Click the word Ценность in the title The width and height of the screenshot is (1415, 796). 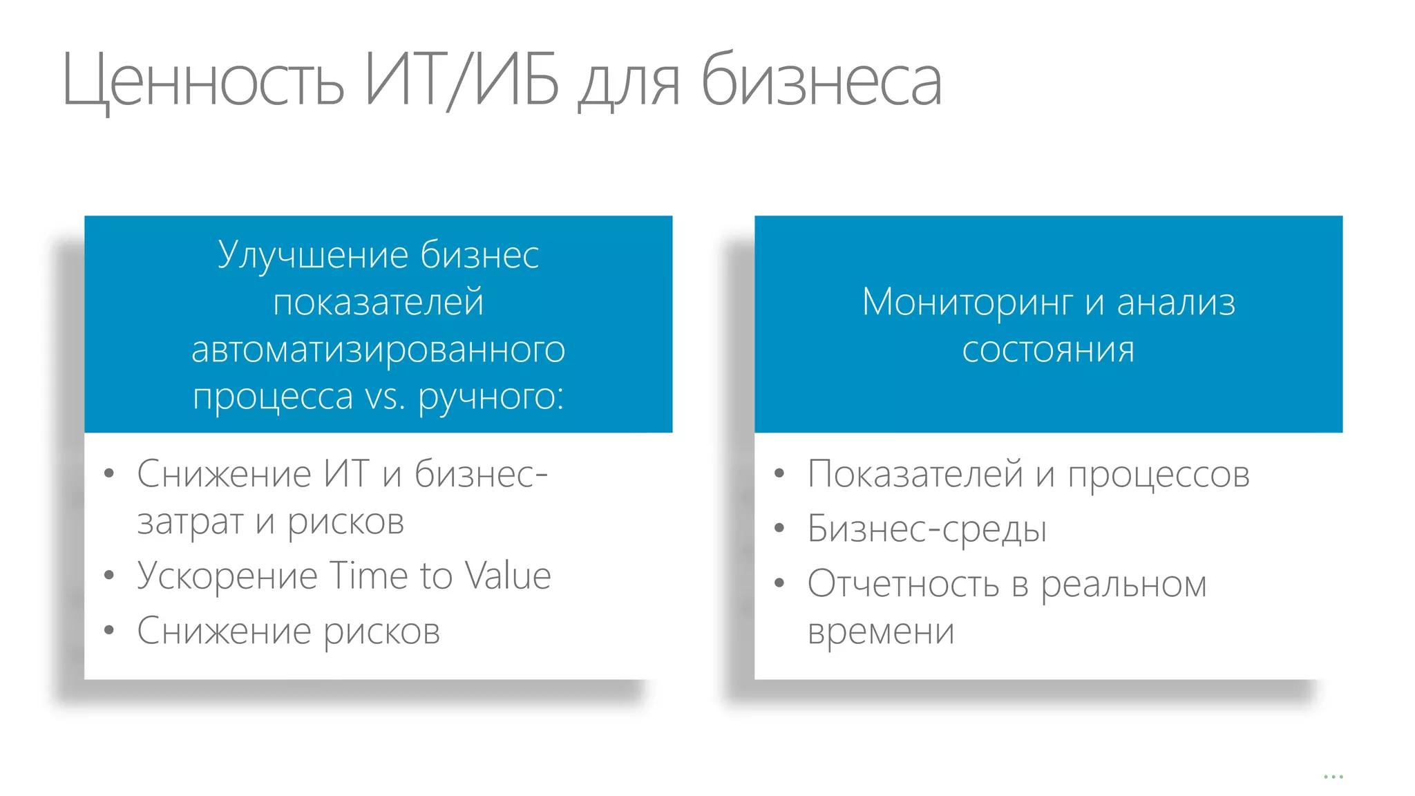(x=202, y=82)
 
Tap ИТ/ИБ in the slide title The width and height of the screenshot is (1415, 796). (x=462, y=81)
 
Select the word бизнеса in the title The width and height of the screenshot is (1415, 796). (x=821, y=82)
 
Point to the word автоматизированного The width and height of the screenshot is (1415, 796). (x=378, y=350)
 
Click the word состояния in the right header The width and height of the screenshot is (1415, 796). (x=1048, y=350)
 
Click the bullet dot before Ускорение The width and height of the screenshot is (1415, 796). (x=108, y=576)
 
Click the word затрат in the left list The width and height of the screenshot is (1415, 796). (x=190, y=522)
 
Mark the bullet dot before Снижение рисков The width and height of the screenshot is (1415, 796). (x=108, y=630)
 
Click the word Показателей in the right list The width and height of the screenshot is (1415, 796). (x=915, y=475)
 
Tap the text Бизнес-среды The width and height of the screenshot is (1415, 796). (x=927, y=529)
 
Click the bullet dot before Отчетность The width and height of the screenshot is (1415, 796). (x=779, y=584)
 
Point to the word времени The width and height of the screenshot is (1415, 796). (x=881, y=631)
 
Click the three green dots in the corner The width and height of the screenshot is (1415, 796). (x=1333, y=777)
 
